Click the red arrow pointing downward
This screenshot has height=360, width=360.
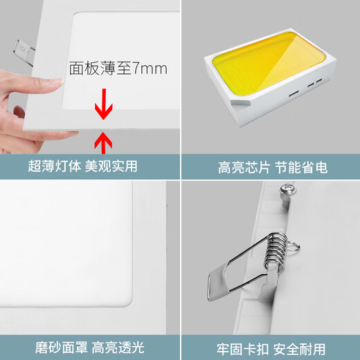[x=103, y=104]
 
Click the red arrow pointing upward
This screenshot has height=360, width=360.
[x=103, y=142]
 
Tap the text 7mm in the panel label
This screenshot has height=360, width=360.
[x=150, y=69]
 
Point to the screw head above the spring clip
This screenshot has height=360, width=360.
[x=287, y=190]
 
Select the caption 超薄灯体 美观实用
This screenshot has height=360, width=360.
[x=82, y=166]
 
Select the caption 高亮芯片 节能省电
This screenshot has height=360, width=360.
[x=273, y=168]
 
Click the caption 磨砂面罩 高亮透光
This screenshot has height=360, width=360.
[x=90, y=348]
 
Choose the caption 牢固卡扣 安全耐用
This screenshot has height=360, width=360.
[x=271, y=349]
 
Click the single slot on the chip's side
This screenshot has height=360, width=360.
[x=294, y=93]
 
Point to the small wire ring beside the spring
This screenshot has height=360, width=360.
[x=294, y=246]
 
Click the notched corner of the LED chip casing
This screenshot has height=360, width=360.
[x=240, y=102]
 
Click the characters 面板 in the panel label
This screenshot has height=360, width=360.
[x=84, y=69]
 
